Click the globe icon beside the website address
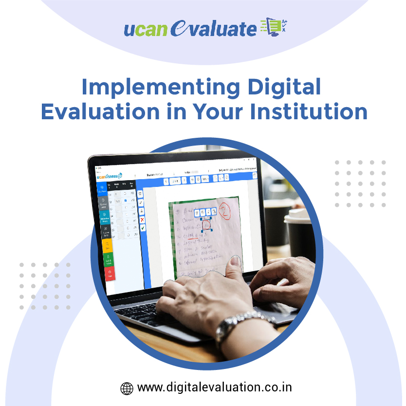click(x=127, y=388)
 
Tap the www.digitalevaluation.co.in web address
click(x=215, y=388)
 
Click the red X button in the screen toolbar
click(x=142, y=220)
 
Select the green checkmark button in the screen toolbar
click(x=143, y=228)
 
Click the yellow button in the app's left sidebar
click(x=108, y=245)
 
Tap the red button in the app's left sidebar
click(x=110, y=274)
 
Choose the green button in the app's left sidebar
click(x=109, y=259)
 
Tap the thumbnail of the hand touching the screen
click(x=236, y=262)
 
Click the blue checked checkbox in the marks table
click(x=126, y=200)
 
